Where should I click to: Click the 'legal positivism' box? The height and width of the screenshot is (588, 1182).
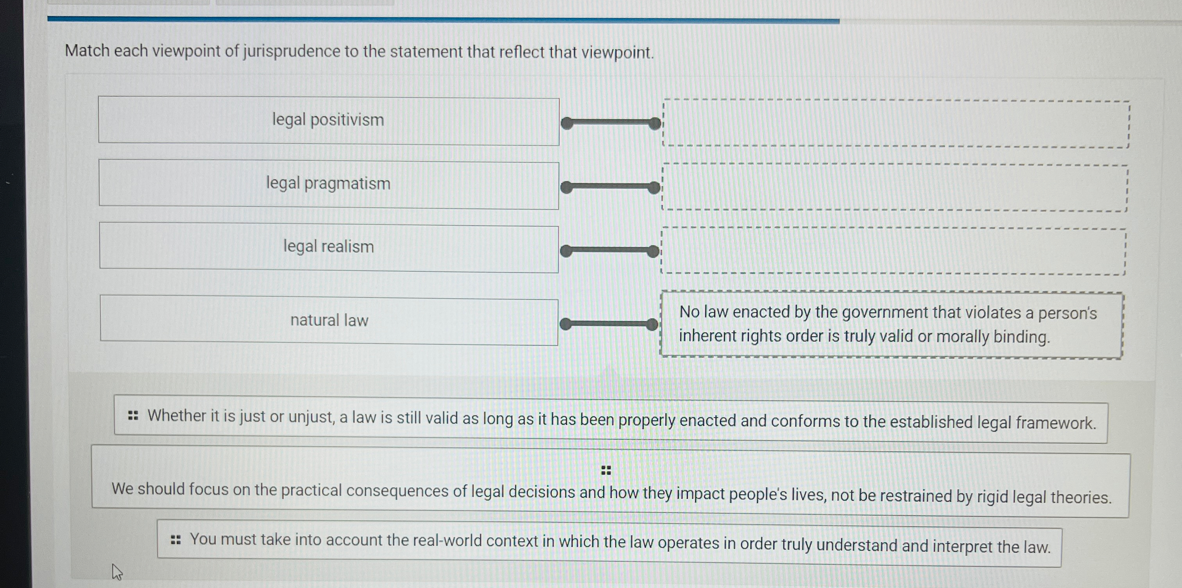(329, 121)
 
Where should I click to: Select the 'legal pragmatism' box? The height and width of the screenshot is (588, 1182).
(329, 184)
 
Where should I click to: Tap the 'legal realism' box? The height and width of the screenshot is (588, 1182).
(329, 247)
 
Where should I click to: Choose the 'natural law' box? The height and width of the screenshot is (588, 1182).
(329, 321)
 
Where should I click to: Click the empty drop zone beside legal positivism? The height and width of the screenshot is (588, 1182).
(895, 124)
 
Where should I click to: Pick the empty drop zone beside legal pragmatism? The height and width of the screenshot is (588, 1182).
(894, 187)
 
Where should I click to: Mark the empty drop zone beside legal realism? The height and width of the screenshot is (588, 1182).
(893, 251)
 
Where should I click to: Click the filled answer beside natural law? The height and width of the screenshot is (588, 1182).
(891, 324)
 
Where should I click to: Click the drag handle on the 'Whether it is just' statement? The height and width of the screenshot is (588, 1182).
(133, 416)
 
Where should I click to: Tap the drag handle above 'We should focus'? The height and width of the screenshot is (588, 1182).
(606, 470)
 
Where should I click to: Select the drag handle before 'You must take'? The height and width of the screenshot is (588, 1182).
(175, 540)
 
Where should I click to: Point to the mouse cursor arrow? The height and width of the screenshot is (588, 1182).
(116, 572)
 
